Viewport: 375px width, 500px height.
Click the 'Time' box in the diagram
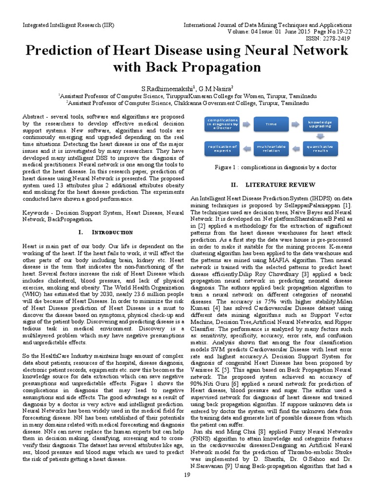[x=271, y=124]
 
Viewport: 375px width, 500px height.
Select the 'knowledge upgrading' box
[x=320, y=124]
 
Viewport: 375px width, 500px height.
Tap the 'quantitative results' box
[x=320, y=148]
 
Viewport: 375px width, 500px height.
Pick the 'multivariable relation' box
[x=271, y=148]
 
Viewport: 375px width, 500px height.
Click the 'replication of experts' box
[x=223, y=148]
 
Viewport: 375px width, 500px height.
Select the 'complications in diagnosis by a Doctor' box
[x=223, y=124]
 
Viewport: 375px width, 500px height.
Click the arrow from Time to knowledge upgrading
[x=295, y=124]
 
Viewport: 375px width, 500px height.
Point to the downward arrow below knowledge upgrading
[x=320, y=136]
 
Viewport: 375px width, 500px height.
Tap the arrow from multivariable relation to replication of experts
[x=247, y=148]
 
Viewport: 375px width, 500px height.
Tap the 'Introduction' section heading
[x=109, y=231]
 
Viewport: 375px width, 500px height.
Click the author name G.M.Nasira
[x=205, y=88]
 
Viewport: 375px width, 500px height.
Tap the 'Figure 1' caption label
[x=229, y=167]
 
